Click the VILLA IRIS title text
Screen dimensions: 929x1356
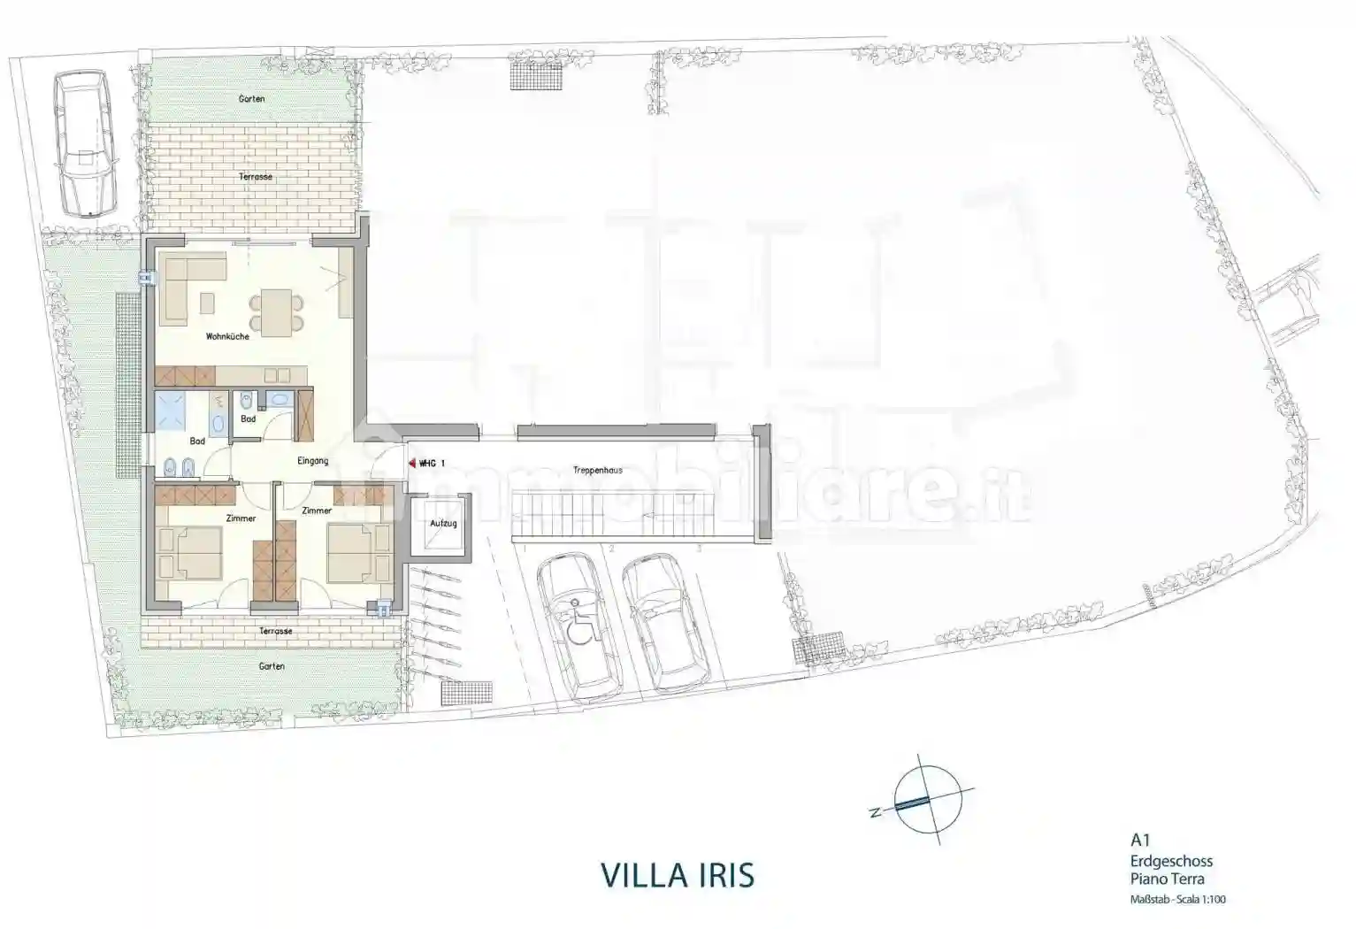(x=678, y=874)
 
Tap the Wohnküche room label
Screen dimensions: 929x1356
(x=227, y=336)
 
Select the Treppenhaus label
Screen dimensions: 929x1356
(x=597, y=470)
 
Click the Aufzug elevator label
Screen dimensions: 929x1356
(x=443, y=523)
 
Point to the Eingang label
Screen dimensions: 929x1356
(x=312, y=461)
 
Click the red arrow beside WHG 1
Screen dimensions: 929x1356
(x=411, y=463)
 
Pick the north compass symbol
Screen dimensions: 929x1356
(x=926, y=799)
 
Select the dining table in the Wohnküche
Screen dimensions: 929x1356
(x=277, y=311)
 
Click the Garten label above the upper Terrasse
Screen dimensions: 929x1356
(x=252, y=99)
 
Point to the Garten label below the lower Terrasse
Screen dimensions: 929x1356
(x=272, y=665)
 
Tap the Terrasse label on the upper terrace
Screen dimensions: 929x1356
(x=256, y=177)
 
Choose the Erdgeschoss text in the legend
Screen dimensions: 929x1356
(x=1171, y=861)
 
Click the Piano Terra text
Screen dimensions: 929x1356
(x=1167, y=879)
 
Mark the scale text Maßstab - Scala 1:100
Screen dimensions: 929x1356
(x=1177, y=900)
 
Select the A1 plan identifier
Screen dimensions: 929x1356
(x=1140, y=841)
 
